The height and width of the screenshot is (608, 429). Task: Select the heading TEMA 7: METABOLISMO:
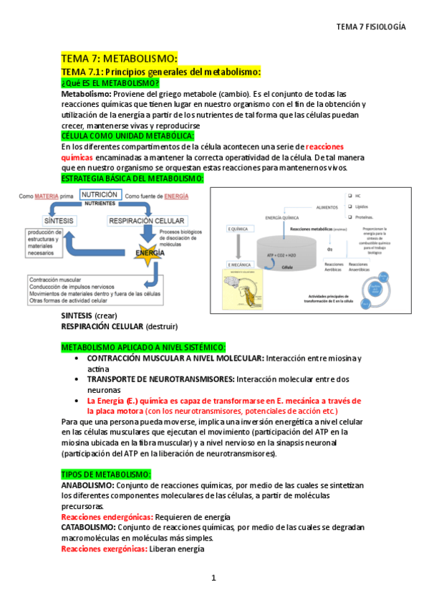(x=119, y=59)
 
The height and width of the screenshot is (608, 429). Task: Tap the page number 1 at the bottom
(x=213, y=577)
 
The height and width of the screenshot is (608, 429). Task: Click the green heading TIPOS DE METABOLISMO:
(x=106, y=474)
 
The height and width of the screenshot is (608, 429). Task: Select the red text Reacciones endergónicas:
(x=107, y=517)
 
